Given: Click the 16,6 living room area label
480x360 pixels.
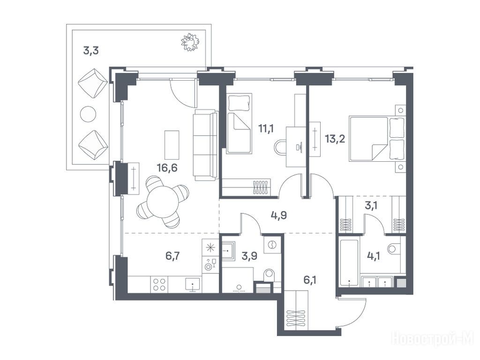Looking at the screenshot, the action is pyautogui.click(x=167, y=168).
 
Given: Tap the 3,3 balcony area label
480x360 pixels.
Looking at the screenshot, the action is pyautogui.click(x=91, y=51).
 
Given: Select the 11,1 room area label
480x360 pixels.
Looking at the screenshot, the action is pyautogui.click(x=266, y=128).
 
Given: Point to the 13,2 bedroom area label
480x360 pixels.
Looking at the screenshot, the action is pyautogui.click(x=335, y=139).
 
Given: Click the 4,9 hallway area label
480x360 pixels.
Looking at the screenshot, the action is pyautogui.click(x=278, y=216).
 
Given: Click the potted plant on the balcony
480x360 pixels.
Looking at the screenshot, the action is pyautogui.click(x=190, y=42).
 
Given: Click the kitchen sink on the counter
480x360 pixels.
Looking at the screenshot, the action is pyautogui.click(x=193, y=285).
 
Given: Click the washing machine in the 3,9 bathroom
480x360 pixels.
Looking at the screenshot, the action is pyautogui.click(x=272, y=244).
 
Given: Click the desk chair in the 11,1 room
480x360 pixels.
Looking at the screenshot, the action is pyautogui.click(x=280, y=148).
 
